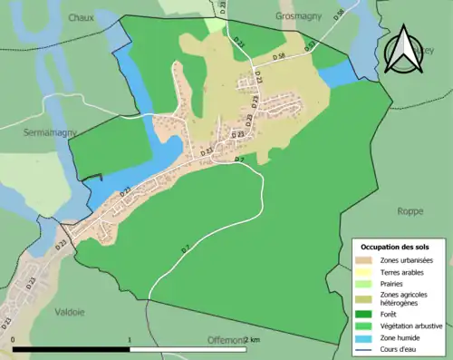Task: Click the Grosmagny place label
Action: [299, 16]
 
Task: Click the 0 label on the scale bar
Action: [14, 340]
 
